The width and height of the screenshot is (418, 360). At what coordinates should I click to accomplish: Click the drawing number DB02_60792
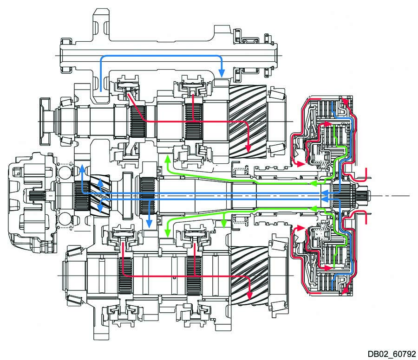tap(391, 353)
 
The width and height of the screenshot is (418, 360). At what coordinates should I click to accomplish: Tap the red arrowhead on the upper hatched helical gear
tap(248, 147)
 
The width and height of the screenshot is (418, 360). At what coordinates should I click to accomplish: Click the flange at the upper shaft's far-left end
tap(46, 120)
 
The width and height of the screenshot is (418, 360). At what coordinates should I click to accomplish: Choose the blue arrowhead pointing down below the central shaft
tap(149, 224)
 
